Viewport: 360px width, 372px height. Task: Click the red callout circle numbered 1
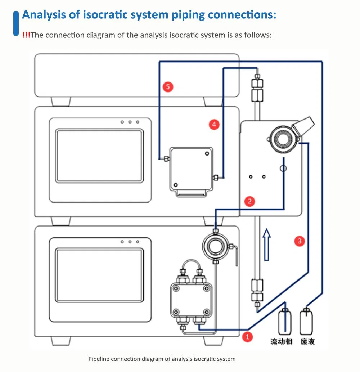coord(247,337)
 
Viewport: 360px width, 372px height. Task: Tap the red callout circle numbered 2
coord(249,201)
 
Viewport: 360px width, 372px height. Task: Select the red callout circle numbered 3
coord(300,241)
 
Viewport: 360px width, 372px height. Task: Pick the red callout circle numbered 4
coord(214,124)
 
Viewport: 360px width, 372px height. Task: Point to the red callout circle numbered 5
coord(168,87)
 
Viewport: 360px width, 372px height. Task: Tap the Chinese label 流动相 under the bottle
coord(281,341)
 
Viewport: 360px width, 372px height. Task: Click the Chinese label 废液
coord(307,341)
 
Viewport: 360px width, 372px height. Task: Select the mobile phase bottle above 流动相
coord(285,322)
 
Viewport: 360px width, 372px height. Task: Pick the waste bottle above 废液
coord(306,322)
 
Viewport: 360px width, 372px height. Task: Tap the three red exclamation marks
coord(26,35)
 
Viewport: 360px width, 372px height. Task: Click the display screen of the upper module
coord(99,156)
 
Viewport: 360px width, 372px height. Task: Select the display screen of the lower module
coord(99,275)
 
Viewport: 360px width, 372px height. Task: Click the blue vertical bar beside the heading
coord(16,23)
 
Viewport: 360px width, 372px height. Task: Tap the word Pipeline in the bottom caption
coord(99,359)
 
